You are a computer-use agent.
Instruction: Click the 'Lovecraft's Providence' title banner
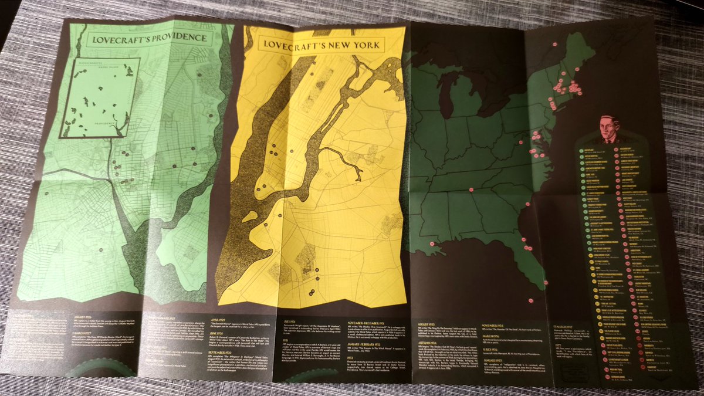pos(147,40)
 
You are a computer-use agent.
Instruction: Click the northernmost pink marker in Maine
pos(554,43)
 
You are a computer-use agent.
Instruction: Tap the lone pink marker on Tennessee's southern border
pos(471,189)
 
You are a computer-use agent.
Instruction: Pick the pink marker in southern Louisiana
pos(432,243)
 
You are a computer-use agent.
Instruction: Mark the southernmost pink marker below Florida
pos(530,300)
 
